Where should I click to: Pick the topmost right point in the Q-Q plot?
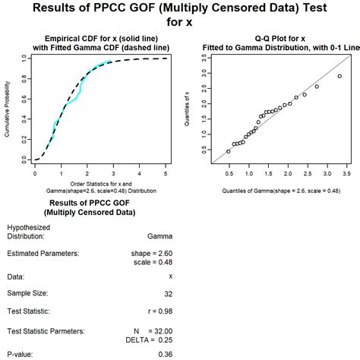point(339,76)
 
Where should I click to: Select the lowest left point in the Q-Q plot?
point(228,151)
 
